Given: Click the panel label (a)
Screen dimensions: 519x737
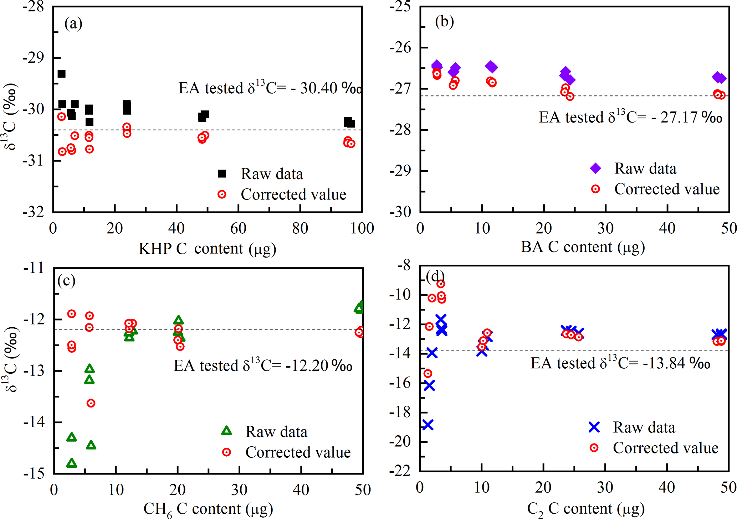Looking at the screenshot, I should pos(73,24).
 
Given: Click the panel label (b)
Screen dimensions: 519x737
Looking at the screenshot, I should pos(444,22).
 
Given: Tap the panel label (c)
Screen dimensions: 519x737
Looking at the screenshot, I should pos(66,281).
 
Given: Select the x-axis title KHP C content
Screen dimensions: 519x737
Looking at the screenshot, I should pos(207,249).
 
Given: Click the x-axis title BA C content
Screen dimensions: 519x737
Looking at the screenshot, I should pos(583,247).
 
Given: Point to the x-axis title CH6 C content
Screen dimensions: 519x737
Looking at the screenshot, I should pos(208,509).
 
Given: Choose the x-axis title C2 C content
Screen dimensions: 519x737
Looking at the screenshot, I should pos(585,509).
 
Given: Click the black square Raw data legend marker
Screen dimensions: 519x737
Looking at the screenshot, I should pos(222,174).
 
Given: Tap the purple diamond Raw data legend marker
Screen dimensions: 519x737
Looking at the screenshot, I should pos(595,168).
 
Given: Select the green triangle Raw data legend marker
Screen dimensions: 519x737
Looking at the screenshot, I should pos(226,431).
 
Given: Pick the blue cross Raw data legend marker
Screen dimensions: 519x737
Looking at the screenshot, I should pos(594,427).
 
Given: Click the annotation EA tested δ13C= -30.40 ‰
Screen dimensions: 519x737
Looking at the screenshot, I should pos(270,88).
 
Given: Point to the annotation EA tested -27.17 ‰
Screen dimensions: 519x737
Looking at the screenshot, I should pos(630,117).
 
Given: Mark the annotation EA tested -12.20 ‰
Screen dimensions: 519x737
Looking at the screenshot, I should pos(263,365).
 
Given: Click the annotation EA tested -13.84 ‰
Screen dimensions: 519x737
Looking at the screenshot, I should pos(620,363).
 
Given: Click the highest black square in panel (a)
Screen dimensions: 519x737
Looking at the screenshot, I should pos(61,74).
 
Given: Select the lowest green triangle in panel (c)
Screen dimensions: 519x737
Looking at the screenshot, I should pos(72,463).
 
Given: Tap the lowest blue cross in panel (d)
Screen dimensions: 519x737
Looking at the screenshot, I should pos(428,425).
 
